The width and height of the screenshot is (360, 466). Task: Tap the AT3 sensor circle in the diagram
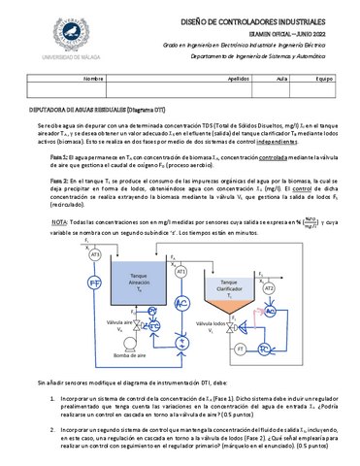(x=95, y=253)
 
